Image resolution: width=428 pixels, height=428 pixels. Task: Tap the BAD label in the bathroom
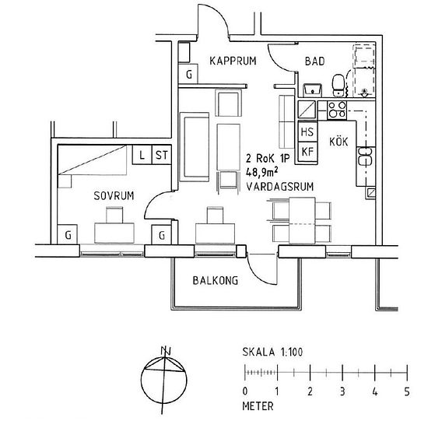[316, 60]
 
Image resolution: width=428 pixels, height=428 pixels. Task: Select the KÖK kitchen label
[339, 142]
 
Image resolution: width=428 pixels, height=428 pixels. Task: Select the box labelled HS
[307, 132]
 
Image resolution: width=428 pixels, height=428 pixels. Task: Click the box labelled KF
[307, 151]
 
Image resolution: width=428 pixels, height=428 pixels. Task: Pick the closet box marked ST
[162, 155]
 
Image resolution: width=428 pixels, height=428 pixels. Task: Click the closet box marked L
[142, 155]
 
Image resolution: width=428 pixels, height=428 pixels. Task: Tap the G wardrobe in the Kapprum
[188, 75]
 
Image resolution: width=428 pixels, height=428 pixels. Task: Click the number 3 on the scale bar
[342, 391]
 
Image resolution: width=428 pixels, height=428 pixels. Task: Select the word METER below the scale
[258, 405]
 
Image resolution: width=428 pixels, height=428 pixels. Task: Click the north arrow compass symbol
[164, 378]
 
